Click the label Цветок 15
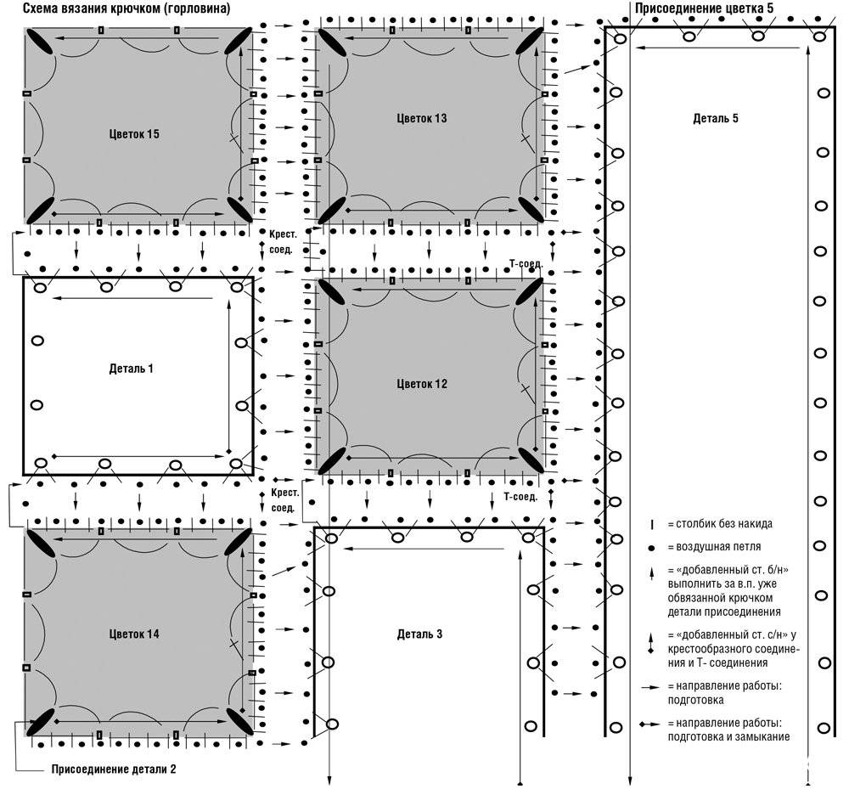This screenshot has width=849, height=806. [134, 134]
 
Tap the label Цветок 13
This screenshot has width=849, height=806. [422, 118]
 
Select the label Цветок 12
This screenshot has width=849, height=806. [422, 384]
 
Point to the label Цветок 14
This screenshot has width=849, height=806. [134, 634]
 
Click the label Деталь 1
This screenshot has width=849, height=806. [131, 369]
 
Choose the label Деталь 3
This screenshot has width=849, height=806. [419, 634]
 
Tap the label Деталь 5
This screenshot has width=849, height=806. [715, 118]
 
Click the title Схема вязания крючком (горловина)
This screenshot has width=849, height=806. [127, 8]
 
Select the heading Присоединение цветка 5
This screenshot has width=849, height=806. [705, 8]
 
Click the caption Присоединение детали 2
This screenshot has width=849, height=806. [114, 769]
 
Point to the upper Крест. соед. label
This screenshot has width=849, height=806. [283, 242]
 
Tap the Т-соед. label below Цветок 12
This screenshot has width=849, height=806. [520, 497]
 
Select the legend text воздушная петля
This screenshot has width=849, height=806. [718, 547]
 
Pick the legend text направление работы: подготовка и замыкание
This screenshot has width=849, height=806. [728, 730]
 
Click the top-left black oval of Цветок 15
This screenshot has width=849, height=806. [39, 41]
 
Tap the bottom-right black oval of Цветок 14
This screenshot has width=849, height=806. [239, 722]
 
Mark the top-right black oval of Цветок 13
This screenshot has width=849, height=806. [530, 41]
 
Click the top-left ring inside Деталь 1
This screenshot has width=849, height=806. [40, 288]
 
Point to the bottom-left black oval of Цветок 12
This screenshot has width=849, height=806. [332, 460]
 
